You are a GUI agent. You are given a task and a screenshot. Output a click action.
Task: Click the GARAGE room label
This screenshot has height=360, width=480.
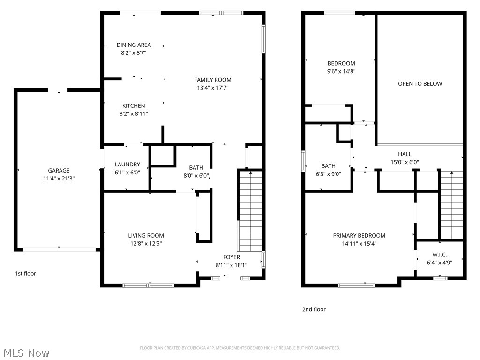click(x=59, y=171)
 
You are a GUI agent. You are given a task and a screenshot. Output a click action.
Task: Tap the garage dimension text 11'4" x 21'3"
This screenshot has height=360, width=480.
click(x=59, y=178)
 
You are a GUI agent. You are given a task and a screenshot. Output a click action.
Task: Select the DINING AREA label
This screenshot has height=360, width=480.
click(x=134, y=45)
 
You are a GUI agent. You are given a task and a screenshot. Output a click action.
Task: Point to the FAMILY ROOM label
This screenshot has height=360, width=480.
click(x=213, y=80)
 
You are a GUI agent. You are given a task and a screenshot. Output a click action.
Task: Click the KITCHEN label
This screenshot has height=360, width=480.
click(x=134, y=106)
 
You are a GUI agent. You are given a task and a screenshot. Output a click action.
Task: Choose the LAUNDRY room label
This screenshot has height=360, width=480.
click(x=127, y=165)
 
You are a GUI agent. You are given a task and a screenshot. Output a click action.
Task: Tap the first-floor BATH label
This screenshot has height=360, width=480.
click(x=196, y=168)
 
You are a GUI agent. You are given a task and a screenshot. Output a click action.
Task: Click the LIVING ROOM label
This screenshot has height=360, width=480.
click(x=146, y=236)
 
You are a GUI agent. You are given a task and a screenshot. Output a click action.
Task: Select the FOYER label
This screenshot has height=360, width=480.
click(x=231, y=257)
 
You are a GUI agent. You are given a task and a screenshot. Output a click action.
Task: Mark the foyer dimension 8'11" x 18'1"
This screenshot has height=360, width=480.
click(x=231, y=265)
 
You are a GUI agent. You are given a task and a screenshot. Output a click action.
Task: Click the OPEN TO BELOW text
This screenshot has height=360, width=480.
click(x=420, y=84)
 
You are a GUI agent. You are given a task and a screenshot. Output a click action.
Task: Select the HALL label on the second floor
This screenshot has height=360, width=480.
click(x=405, y=154)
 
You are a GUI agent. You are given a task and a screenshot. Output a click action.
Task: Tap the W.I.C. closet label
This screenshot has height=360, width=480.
click(x=439, y=255)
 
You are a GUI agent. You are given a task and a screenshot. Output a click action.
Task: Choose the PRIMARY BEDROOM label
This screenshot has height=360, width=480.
click(x=359, y=236)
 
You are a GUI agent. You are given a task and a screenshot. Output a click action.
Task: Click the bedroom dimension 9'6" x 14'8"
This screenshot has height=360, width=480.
click(x=341, y=71)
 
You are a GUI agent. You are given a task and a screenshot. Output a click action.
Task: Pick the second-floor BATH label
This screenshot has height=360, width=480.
click(x=328, y=166)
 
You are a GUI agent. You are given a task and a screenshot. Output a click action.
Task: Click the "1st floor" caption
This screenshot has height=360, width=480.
click(x=25, y=273)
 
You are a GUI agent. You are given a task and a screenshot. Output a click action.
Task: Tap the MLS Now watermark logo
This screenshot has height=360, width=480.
click(x=26, y=352)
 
